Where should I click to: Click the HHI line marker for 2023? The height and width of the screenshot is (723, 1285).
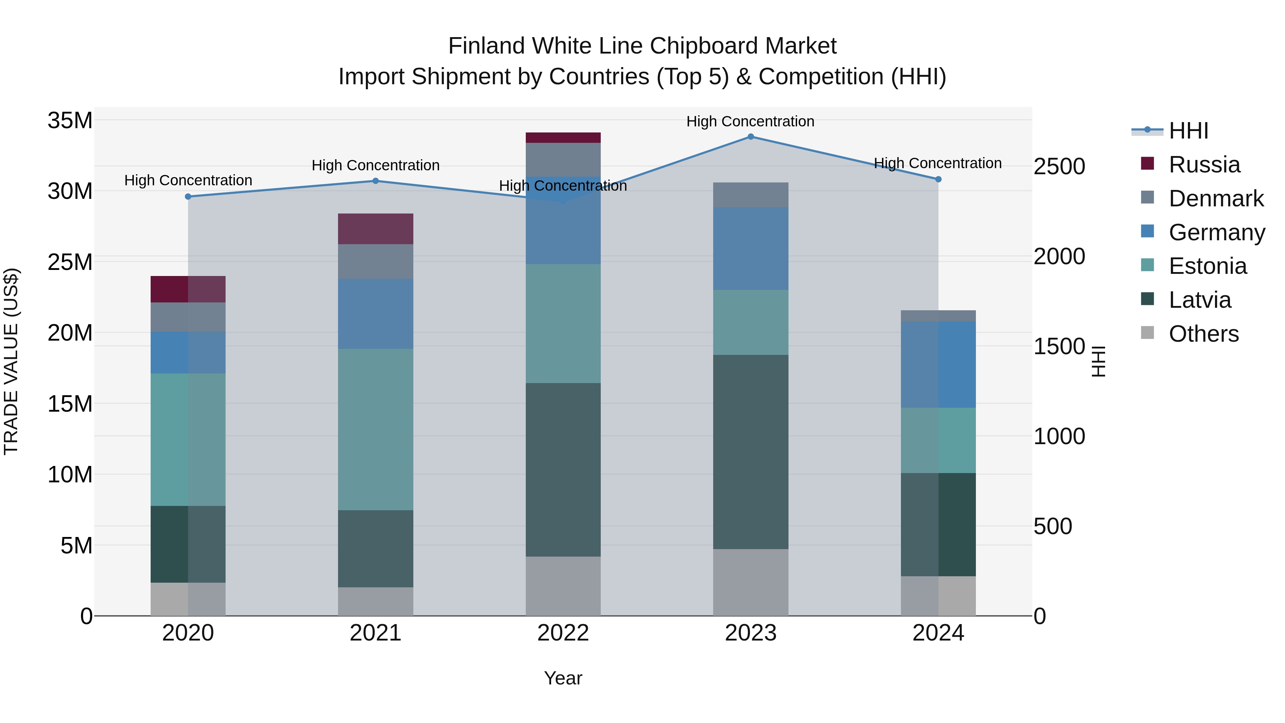pyautogui.click(x=750, y=137)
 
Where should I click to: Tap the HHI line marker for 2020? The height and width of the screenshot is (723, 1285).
pyautogui.click(x=188, y=197)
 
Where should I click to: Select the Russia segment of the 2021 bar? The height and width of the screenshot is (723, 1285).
pyautogui.click(x=375, y=229)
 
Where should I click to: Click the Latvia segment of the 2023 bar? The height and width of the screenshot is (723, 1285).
pyautogui.click(x=750, y=452)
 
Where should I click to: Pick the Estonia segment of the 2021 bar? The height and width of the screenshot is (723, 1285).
pyautogui.click(x=375, y=429)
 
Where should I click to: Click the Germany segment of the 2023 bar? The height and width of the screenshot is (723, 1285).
pyautogui.click(x=750, y=248)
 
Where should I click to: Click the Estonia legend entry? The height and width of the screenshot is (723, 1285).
pyautogui.click(x=1207, y=266)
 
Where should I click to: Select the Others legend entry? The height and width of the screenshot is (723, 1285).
pyautogui.click(x=1203, y=334)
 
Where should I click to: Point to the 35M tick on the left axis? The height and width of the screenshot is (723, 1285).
pyautogui.click(x=70, y=121)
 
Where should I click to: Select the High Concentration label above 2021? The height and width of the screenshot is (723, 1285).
pyautogui.click(x=375, y=165)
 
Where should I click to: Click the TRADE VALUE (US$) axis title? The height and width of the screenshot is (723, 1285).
pyautogui.click(x=11, y=361)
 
